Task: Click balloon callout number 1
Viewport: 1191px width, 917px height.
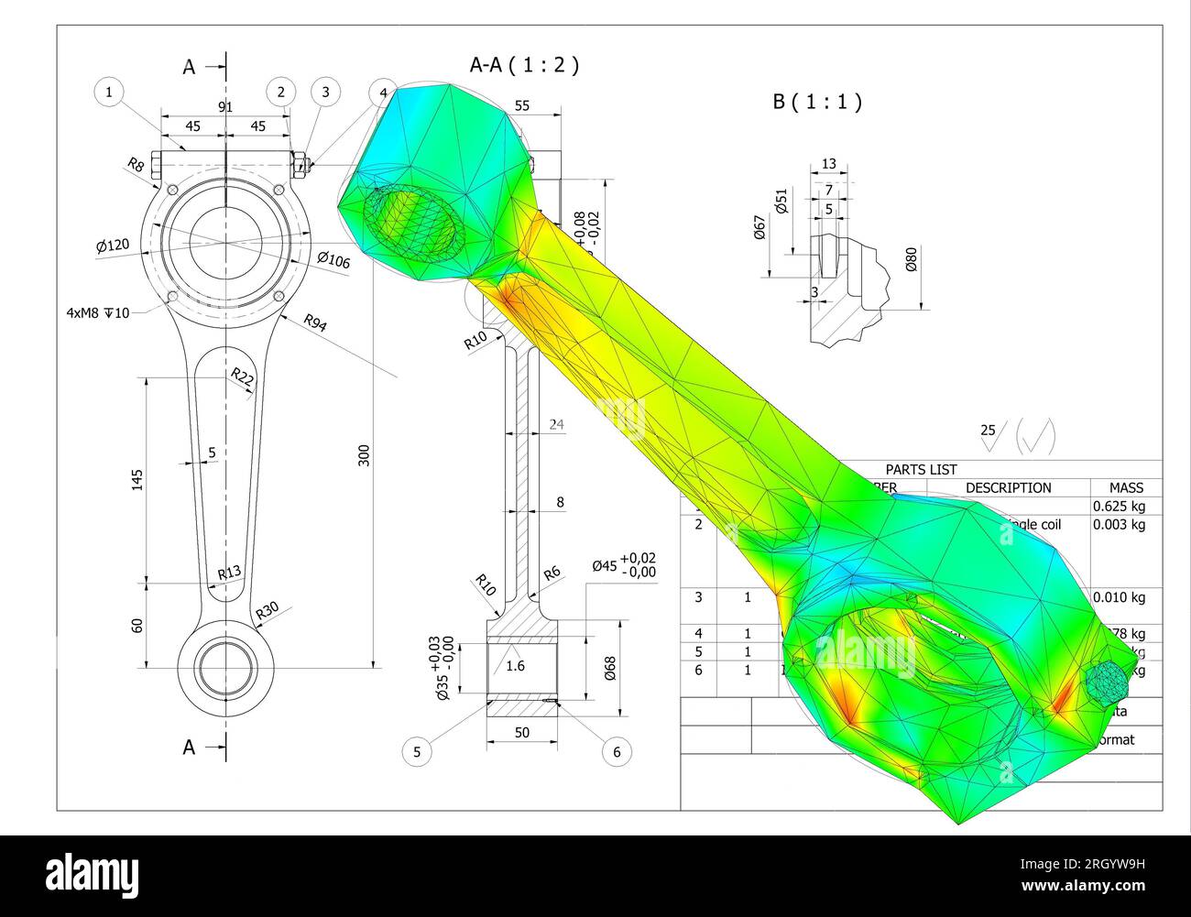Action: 109,92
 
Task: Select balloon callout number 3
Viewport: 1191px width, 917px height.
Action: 325,92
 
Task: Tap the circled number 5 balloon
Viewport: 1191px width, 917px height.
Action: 417,752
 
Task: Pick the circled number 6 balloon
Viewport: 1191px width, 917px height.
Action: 617,752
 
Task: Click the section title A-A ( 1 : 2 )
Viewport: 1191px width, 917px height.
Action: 524,65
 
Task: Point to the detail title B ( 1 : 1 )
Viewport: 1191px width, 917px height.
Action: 817,102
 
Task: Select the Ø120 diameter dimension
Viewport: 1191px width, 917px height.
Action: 113,246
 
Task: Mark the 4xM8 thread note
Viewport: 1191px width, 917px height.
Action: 98,312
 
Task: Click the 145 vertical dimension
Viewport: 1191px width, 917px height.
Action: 137,479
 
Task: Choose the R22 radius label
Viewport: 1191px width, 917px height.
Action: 242,377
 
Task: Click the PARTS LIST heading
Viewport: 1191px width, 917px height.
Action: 921,469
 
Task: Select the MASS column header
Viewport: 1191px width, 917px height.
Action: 1126,487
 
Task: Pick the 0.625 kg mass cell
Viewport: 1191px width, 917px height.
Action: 1119,506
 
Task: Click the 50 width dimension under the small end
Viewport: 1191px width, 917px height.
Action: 521,732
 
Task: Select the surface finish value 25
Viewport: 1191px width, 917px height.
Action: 988,430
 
